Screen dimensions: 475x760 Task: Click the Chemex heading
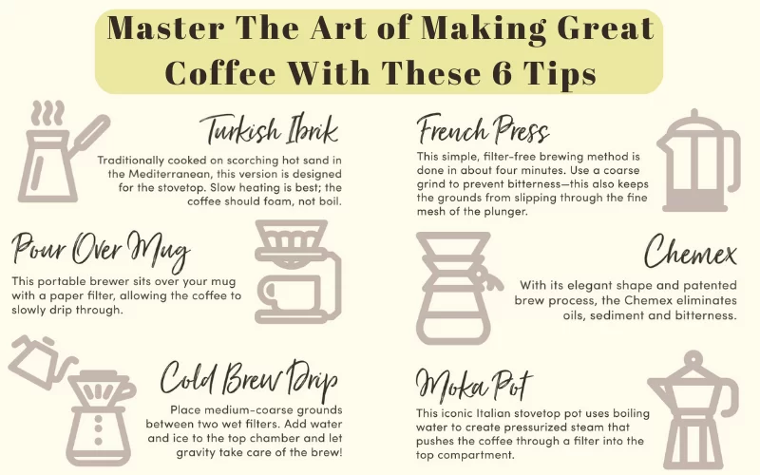[690, 253]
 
